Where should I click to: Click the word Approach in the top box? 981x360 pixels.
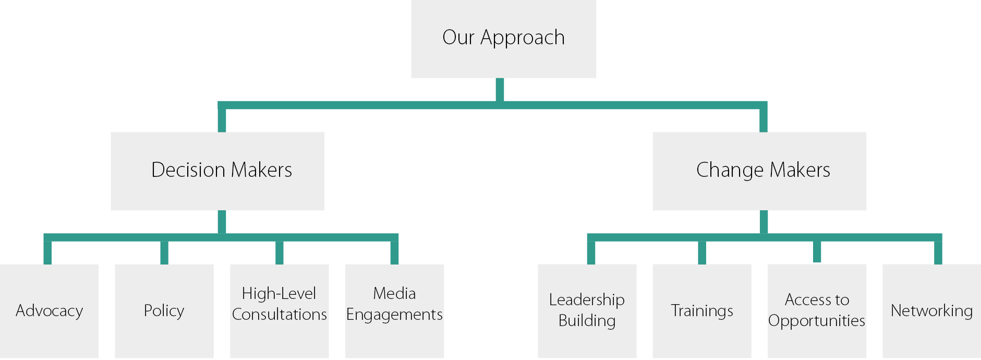pos(523,38)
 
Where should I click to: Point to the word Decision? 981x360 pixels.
pos(188,170)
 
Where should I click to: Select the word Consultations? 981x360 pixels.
pos(280,315)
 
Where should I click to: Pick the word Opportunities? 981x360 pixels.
pos(817,321)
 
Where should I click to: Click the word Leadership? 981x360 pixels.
pos(587,300)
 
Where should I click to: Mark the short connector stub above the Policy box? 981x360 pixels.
pos(164,253)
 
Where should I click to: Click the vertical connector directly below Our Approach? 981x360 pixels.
pos(500,89)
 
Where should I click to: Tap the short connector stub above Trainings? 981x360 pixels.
pos(702,253)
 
